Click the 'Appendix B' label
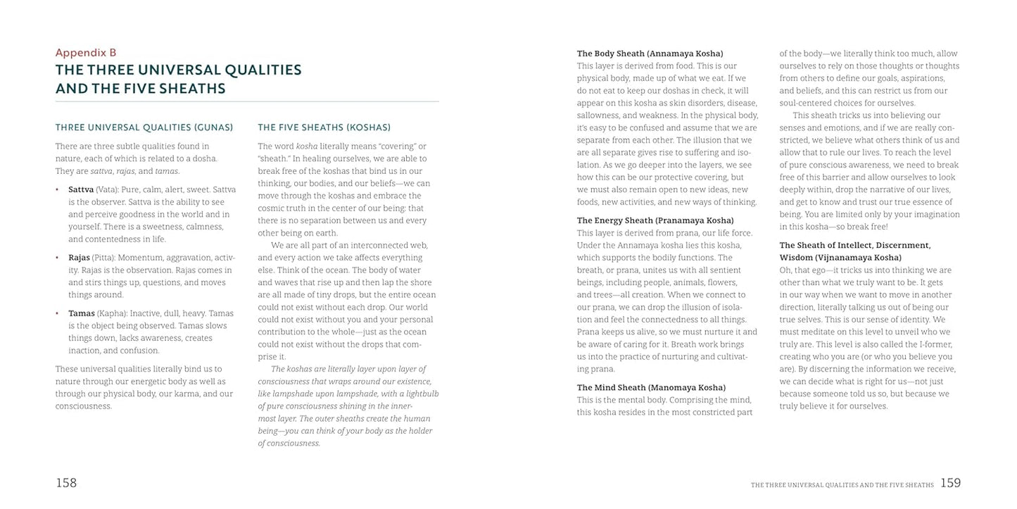(x=85, y=52)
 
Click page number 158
(x=66, y=483)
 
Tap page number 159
(x=950, y=483)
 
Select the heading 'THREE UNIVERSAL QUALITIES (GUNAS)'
(x=144, y=127)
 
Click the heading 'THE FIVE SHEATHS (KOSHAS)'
(x=324, y=127)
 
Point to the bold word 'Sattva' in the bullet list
(x=81, y=189)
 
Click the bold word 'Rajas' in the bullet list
(x=80, y=258)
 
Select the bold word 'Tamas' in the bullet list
(x=82, y=313)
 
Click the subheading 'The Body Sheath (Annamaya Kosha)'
(x=650, y=54)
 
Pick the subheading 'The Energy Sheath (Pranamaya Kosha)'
(x=655, y=220)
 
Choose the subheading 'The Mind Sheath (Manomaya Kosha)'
(x=651, y=387)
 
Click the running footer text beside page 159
(x=842, y=485)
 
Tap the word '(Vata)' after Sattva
(x=108, y=189)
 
